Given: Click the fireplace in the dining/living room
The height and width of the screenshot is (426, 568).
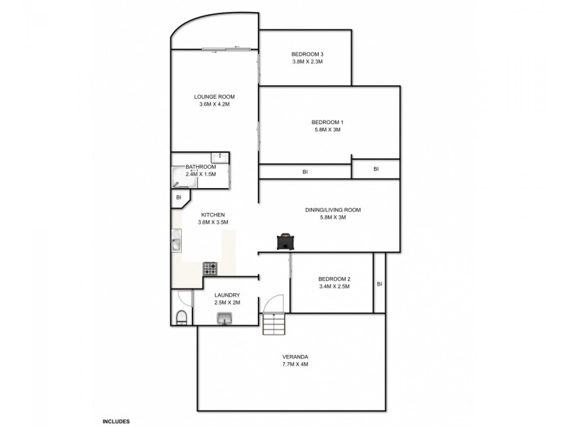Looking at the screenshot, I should pyautogui.click(x=285, y=241).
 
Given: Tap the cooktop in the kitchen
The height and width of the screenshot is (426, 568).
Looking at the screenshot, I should pyautogui.click(x=211, y=268).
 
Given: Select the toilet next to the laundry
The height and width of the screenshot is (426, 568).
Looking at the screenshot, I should pyautogui.click(x=181, y=317).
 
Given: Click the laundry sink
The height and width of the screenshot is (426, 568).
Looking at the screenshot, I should pyautogui.click(x=226, y=321).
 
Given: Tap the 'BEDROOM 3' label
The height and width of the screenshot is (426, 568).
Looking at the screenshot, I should pyautogui.click(x=307, y=54).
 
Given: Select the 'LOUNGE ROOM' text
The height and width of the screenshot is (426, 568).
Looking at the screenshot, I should pyautogui.click(x=214, y=97).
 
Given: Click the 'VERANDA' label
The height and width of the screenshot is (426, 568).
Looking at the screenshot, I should pyautogui.click(x=294, y=356).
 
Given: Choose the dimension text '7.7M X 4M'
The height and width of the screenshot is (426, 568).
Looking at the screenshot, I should pyautogui.click(x=294, y=364).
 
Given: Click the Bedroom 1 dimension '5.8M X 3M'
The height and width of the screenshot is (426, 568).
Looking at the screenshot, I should pyautogui.click(x=327, y=130).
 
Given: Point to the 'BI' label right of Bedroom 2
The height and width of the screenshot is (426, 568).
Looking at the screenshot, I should pyautogui.click(x=380, y=284).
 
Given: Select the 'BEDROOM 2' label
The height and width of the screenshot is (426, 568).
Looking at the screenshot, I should pyautogui.click(x=334, y=279).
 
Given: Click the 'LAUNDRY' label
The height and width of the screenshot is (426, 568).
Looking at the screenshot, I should pyautogui.click(x=227, y=295).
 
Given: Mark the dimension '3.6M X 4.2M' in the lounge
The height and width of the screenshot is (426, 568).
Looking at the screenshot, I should pyautogui.click(x=214, y=104).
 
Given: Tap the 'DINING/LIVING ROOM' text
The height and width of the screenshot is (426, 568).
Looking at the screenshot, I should pyautogui.click(x=333, y=209).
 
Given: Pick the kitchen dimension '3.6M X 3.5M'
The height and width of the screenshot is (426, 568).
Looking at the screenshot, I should pyautogui.click(x=213, y=222).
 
